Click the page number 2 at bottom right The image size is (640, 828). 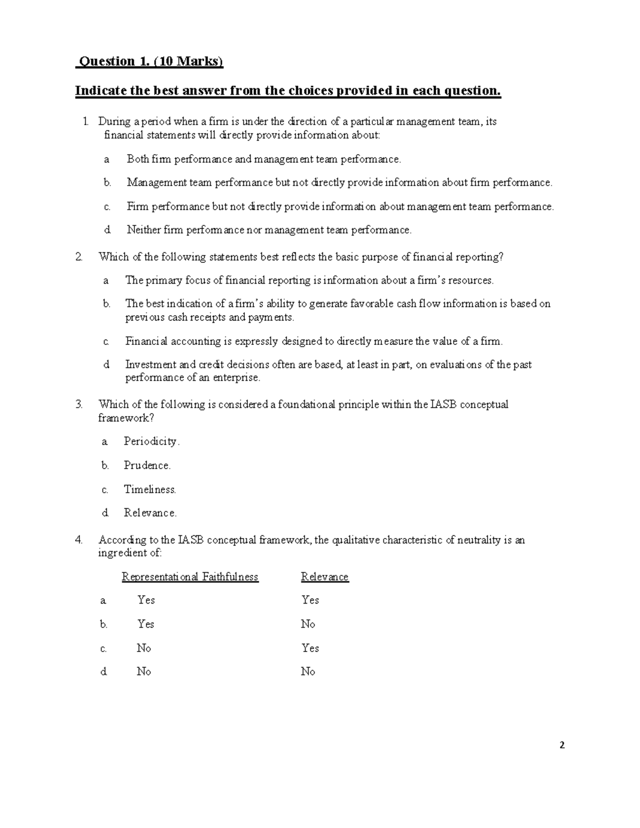pos(562,745)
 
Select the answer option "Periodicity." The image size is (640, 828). pos(151,441)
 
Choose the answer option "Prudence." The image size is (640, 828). pos(147,465)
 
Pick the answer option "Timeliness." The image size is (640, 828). pos(150,489)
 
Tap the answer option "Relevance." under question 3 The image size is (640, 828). pos(150,513)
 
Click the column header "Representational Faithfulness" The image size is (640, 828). pos(190,577)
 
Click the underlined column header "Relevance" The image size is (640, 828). pos(324,577)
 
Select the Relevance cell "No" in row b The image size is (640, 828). pos(308,624)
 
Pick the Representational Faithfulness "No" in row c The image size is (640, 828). pos(144,648)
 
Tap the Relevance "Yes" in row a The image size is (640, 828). pos(310,600)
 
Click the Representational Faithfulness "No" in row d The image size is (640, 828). pos(144,672)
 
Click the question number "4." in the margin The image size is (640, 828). pos(79,540)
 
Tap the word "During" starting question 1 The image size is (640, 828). pos(114,122)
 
